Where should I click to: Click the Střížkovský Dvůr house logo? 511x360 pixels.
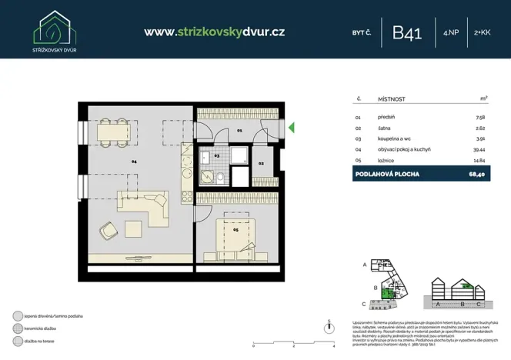point(55,26)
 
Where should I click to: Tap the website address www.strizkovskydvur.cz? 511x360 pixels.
point(215,32)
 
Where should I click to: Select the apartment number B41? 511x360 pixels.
point(406,32)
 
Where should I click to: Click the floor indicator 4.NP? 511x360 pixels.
point(451,32)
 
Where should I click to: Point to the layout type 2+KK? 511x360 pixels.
point(483,32)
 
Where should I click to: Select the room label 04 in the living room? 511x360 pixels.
point(134,162)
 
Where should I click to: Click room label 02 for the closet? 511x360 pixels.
point(261,164)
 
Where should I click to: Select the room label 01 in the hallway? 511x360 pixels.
point(239,132)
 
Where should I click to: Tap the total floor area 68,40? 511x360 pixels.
point(478,174)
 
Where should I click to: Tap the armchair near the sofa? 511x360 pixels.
point(106,228)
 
